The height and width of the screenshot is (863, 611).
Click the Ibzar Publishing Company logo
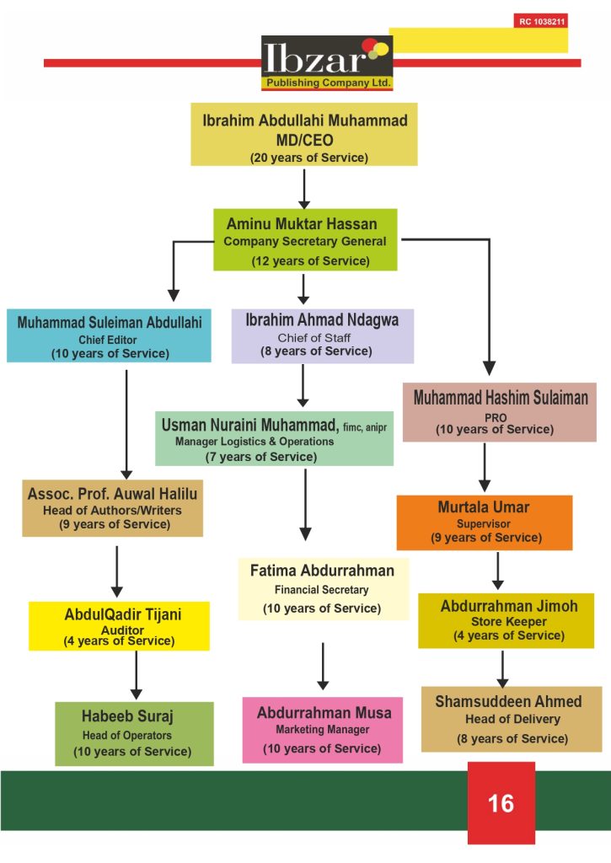[x=327, y=62]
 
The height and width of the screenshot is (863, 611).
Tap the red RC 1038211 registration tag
[x=541, y=20]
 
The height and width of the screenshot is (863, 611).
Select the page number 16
[x=501, y=802]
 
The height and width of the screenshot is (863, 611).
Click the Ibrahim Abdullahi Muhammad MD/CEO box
[x=304, y=134]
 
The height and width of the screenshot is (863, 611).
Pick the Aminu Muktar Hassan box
[x=304, y=240]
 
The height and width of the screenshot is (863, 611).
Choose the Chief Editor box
[x=110, y=335]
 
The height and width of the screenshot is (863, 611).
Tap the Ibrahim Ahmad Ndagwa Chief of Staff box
[x=322, y=335]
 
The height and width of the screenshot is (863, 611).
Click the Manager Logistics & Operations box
[x=274, y=438]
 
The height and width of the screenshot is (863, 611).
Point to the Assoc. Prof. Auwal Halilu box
[x=112, y=508]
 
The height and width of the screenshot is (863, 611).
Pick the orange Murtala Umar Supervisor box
[x=484, y=522]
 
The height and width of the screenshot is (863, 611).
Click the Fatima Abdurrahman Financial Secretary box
[x=323, y=587]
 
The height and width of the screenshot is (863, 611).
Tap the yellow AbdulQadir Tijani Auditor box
[x=119, y=625]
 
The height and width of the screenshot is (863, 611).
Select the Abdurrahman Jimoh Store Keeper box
[x=506, y=620]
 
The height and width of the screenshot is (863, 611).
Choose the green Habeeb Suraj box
[x=134, y=732]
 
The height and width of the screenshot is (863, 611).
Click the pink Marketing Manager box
[x=323, y=729]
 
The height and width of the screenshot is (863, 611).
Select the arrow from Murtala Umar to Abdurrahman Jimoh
[x=497, y=571]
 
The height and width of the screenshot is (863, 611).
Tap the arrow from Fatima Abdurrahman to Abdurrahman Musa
[x=323, y=667]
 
